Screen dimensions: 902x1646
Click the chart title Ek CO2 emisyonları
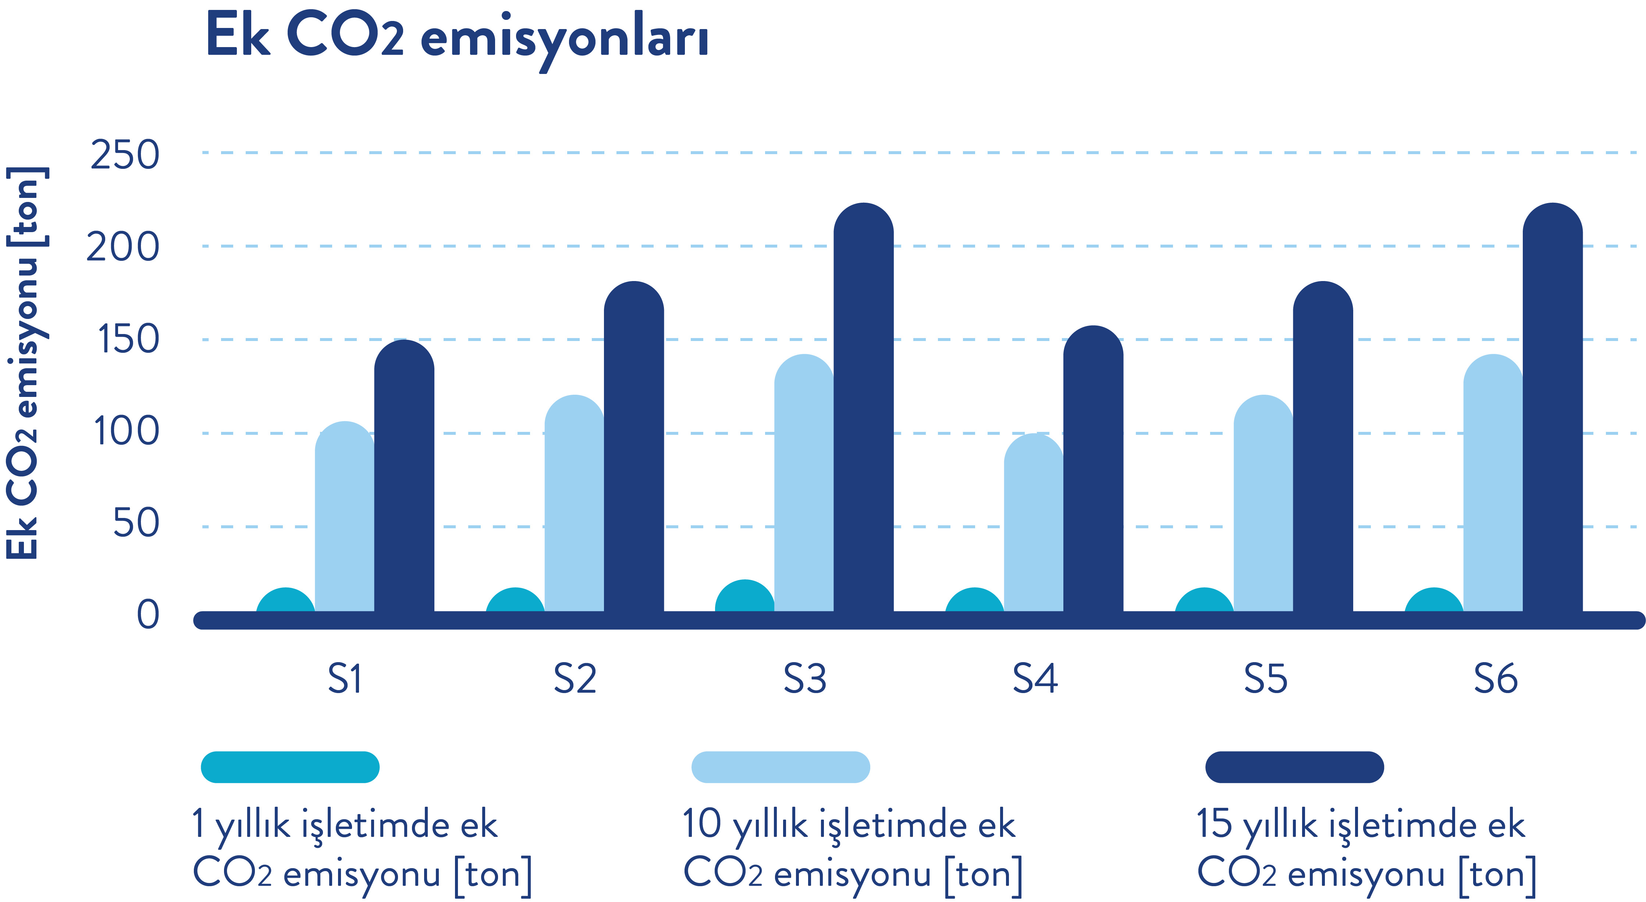point(457,37)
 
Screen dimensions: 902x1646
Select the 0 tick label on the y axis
point(147,615)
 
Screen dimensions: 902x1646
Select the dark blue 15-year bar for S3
point(863,409)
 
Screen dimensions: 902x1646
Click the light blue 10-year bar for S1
point(344,518)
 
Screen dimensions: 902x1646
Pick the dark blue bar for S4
point(1093,470)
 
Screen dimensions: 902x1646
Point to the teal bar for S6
point(1433,601)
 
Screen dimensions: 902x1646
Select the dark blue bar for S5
point(1323,447)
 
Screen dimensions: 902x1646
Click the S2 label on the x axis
point(575,679)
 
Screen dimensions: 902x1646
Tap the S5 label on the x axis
point(1265,679)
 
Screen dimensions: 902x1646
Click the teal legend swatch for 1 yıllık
point(290,767)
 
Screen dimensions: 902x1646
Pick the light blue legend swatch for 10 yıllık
point(780,767)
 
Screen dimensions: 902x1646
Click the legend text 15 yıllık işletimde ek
point(1360,825)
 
